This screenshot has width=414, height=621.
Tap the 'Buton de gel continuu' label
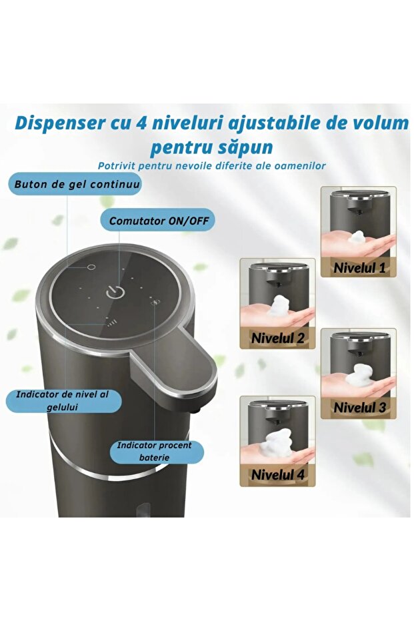[75, 183]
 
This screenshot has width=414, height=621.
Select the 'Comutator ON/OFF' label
[158, 219]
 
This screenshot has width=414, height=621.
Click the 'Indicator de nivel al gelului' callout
[65, 400]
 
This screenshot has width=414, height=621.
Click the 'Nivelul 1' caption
[359, 268]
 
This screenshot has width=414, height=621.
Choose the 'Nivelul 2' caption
[277, 338]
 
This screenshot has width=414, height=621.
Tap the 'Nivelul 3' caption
[359, 407]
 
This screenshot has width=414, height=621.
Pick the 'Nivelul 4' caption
[277, 475]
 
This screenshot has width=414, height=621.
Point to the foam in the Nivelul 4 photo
[277, 443]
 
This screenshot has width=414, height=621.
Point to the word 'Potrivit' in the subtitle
[121, 165]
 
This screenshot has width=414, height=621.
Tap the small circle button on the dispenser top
[91, 267]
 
